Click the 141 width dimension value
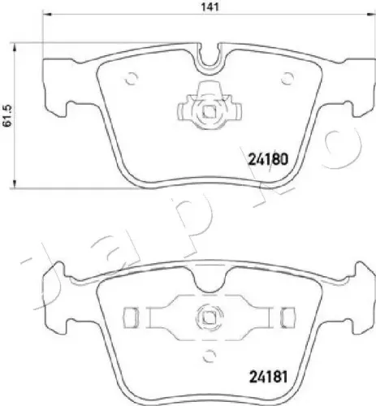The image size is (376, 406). click(x=210, y=6)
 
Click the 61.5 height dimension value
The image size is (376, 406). click(x=7, y=115)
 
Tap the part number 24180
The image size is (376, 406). click(x=268, y=159)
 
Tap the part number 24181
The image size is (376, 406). click(x=268, y=377)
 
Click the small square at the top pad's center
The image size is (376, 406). click(x=209, y=112)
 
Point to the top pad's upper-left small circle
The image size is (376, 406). click(x=132, y=79)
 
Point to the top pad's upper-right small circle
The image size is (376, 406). click(x=287, y=79)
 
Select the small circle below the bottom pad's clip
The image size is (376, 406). click(x=210, y=356)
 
